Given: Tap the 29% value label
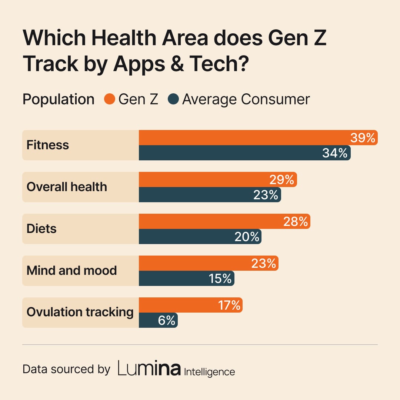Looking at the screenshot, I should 281,180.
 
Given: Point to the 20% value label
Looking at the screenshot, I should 247,237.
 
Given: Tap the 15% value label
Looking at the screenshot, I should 220,279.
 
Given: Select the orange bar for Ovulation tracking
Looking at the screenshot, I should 178,305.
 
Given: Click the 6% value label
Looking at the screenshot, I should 166,320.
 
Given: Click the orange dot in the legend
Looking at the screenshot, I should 110,100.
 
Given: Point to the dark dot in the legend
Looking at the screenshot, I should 173,100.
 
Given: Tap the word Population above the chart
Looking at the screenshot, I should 59,100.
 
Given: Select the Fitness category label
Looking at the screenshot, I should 48,145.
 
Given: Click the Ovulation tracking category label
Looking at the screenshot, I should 80,312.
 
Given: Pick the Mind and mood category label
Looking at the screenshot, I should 71,270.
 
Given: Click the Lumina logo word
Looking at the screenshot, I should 149,369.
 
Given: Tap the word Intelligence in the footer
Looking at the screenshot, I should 210,371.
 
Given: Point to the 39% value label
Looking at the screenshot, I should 363,138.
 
